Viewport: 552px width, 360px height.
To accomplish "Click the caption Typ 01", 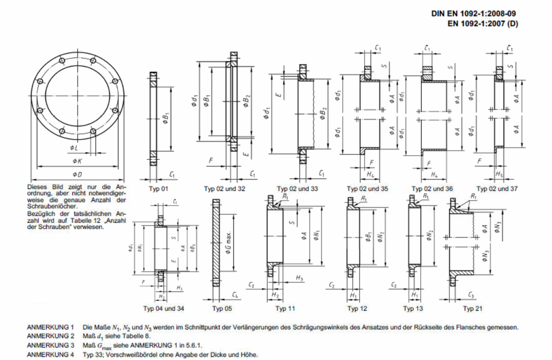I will point(158,189).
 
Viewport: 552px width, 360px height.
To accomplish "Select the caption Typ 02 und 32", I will point(224,189).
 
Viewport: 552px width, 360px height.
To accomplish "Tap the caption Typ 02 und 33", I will point(297,189).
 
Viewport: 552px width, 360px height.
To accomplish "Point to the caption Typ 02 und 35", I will point(367,189).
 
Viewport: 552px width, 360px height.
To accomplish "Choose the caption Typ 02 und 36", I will point(432,189).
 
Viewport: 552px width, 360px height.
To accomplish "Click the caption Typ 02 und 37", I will point(497,189).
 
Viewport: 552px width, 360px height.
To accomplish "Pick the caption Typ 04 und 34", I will point(164,308).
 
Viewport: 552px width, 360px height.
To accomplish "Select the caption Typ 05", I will point(222,308).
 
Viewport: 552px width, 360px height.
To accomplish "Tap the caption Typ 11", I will point(285,308).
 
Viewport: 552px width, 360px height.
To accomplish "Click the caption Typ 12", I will point(357,308).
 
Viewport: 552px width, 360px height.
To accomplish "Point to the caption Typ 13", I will point(413,308).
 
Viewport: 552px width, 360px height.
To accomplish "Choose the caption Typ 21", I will point(473,308).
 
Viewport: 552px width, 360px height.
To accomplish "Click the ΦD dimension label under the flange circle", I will point(77,174).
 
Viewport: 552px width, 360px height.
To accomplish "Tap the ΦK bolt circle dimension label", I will point(77,161).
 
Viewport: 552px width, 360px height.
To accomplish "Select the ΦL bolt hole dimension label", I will point(74,148).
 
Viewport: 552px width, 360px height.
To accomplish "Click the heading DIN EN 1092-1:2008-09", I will point(473,14).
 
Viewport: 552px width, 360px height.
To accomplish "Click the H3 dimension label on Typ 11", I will point(300,278).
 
